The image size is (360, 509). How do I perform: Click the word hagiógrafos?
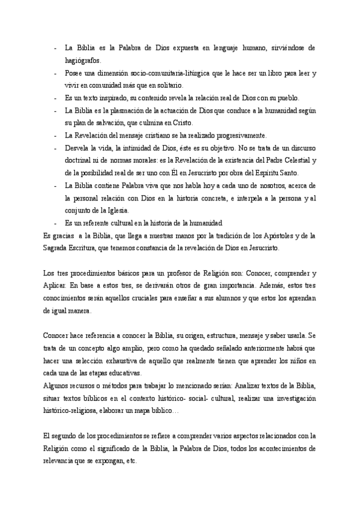click(x=83, y=60)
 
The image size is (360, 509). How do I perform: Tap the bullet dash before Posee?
click(x=56, y=73)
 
